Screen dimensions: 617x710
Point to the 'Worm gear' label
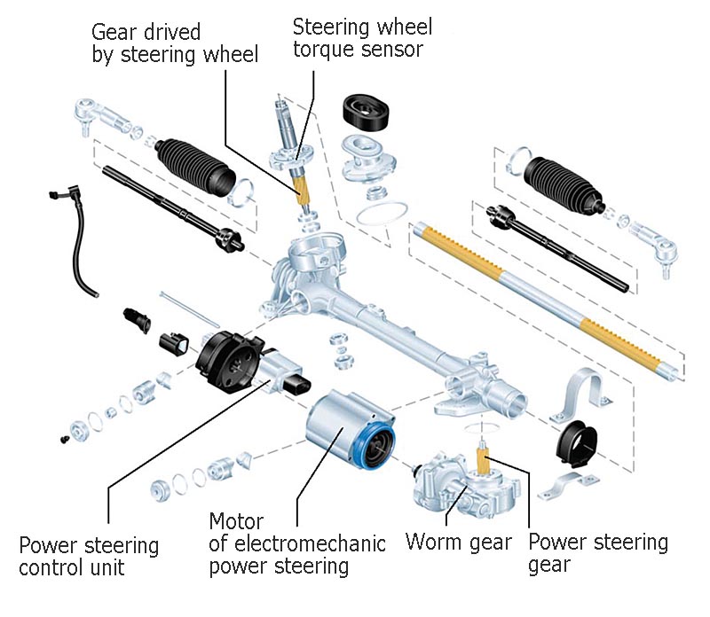[x=458, y=542]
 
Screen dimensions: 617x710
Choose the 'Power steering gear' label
[x=597, y=552]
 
